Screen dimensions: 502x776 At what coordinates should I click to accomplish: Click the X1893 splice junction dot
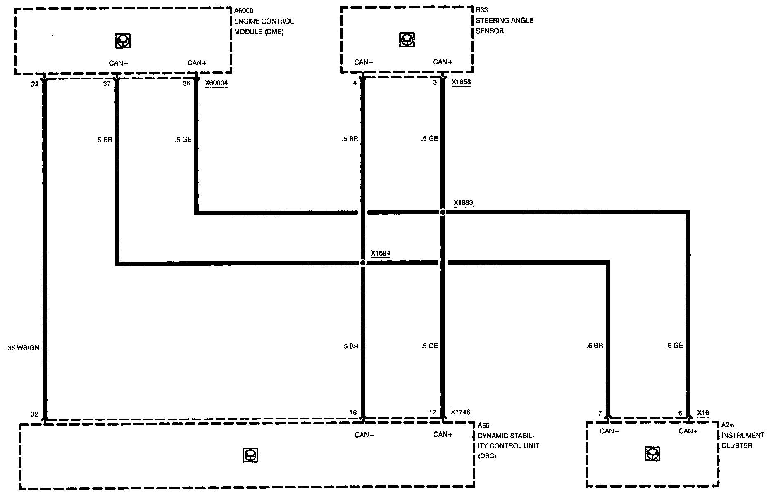coord(443,212)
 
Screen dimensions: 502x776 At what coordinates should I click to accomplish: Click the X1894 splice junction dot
coord(363,263)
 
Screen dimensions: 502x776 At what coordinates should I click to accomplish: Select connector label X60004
coord(216,83)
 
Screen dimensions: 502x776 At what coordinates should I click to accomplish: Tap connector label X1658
coord(461,82)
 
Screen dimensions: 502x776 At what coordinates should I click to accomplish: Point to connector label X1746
coord(460,412)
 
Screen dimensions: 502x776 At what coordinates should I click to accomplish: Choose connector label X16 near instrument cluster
coord(703,412)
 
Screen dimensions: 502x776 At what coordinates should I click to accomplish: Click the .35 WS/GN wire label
coord(23,348)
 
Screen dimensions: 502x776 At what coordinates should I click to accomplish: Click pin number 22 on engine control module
coord(35,84)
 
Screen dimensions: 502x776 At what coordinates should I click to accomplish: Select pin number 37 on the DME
coord(107,83)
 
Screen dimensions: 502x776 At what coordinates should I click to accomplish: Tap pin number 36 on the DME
coord(186,83)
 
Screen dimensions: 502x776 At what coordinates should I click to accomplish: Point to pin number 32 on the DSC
coord(34,414)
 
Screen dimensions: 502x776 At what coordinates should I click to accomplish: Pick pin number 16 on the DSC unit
coord(352,412)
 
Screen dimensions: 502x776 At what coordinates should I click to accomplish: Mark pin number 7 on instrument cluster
coord(600,413)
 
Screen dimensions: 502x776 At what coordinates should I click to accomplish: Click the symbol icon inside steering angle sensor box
coord(407,40)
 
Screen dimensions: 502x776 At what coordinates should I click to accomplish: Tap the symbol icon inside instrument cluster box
coord(652,454)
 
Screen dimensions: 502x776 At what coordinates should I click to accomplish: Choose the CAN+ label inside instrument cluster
coord(688,431)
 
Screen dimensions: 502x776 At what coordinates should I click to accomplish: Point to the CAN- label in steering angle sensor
coord(364,62)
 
